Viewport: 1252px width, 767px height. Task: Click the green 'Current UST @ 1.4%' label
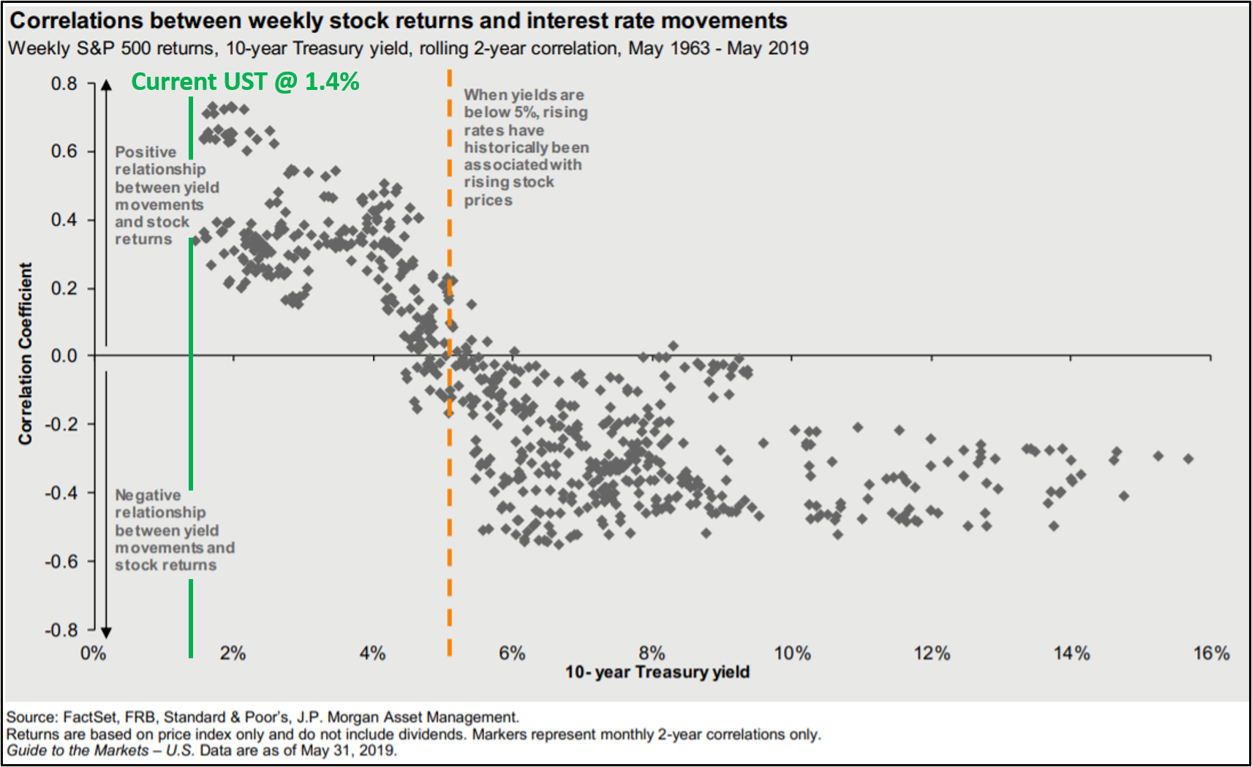click(x=245, y=81)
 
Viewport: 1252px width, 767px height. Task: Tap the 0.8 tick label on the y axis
click(x=64, y=83)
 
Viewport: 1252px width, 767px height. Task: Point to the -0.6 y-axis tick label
click(x=61, y=562)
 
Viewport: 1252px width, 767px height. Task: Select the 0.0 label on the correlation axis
click(x=64, y=356)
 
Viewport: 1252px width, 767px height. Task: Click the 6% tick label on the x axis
click(x=512, y=653)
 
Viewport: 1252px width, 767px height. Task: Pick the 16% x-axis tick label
click(x=1211, y=653)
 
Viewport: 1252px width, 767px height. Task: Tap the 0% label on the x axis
click(x=93, y=653)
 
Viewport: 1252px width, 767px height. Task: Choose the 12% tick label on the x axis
click(x=932, y=653)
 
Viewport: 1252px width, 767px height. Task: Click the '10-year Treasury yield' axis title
click(x=657, y=672)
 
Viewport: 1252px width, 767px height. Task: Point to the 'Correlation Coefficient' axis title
click(x=26, y=353)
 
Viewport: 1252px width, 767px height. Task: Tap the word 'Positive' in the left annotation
click(x=146, y=152)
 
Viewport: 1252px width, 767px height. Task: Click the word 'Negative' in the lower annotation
click(x=148, y=495)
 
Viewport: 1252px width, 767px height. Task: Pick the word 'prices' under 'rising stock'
click(x=488, y=200)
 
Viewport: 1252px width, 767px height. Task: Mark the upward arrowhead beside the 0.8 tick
click(x=106, y=85)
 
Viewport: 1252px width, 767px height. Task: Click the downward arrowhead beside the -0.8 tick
click(x=106, y=632)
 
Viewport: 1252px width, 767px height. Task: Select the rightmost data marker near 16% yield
click(x=1188, y=458)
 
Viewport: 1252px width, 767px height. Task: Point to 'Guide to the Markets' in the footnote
click(x=77, y=750)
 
